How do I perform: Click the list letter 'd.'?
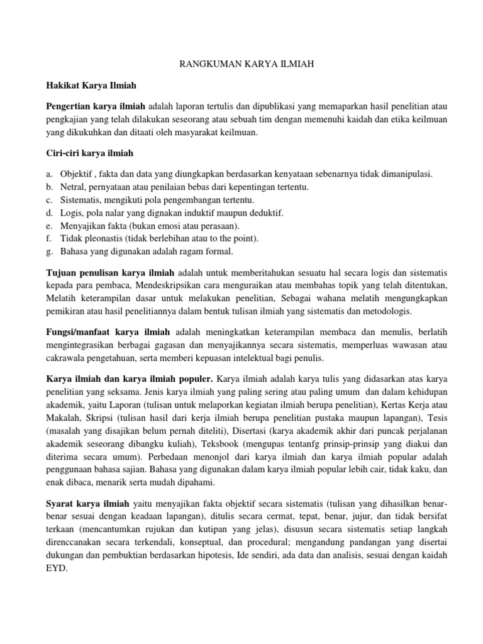50,213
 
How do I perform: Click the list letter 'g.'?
50,252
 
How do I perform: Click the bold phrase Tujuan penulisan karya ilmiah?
111,274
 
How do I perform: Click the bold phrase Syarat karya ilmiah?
88,504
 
